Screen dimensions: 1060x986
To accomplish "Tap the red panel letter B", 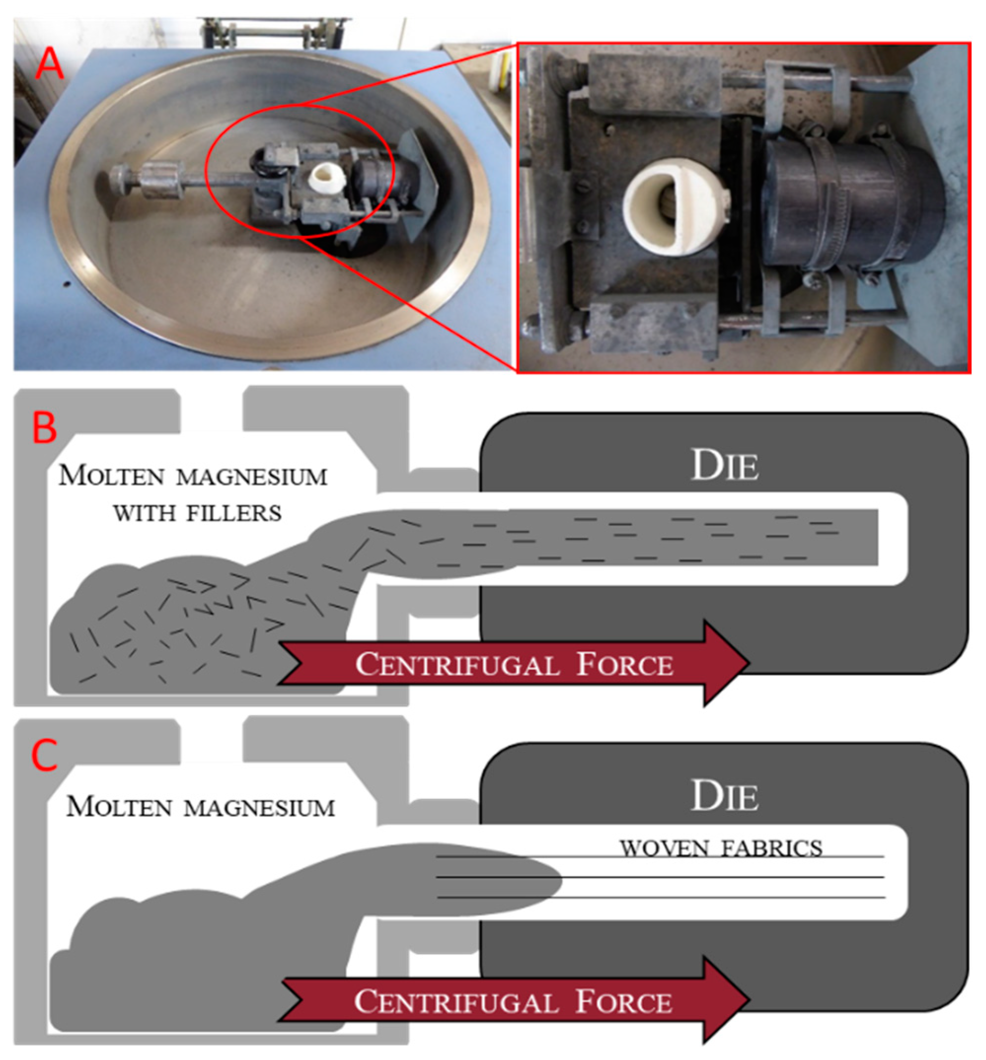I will point(44,427).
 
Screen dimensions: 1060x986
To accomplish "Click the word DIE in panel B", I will point(724,466).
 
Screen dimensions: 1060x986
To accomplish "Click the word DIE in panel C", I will point(724,797).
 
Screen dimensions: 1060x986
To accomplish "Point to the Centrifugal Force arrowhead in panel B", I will point(726,662).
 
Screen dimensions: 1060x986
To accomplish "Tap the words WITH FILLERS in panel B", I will point(197,513).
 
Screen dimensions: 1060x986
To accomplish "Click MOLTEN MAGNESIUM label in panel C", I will point(200,807).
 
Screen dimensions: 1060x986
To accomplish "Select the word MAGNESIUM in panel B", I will point(252,476).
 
